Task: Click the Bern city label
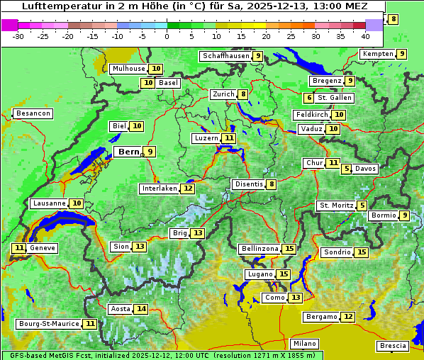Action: click(128, 152)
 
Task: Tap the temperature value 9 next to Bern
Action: click(150, 152)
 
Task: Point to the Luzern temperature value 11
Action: click(228, 138)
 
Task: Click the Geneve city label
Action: click(42, 248)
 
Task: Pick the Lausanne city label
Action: click(49, 203)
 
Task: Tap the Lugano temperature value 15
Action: click(284, 274)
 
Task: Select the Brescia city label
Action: click(393, 346)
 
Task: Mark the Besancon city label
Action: click(33, 113)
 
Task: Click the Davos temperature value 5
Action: click(347, 169)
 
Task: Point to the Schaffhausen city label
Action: click(225, 56)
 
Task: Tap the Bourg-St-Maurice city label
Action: click(48, 324)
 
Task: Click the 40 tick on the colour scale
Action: click(365, 36)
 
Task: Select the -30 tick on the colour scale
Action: click(19, 36)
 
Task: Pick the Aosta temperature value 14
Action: click(142, 309)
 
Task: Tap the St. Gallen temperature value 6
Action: click(309, 98)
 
